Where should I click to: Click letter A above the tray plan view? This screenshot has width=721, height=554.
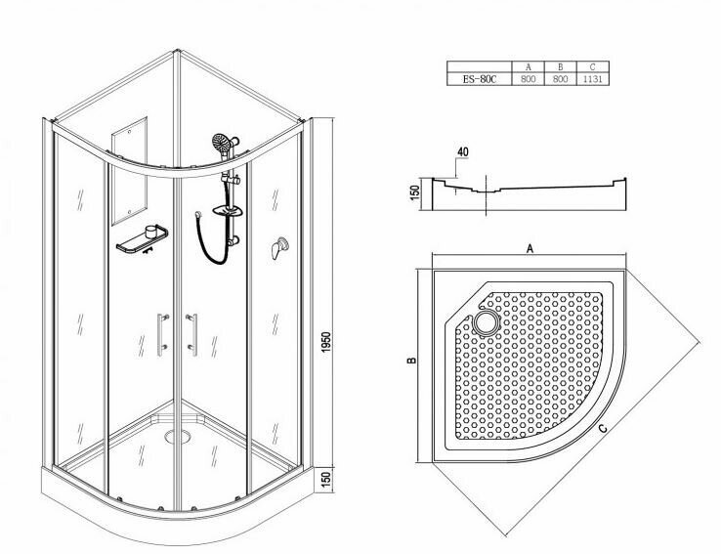tap(529, 249)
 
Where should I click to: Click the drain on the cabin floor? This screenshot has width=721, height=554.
tap(178, 436)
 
